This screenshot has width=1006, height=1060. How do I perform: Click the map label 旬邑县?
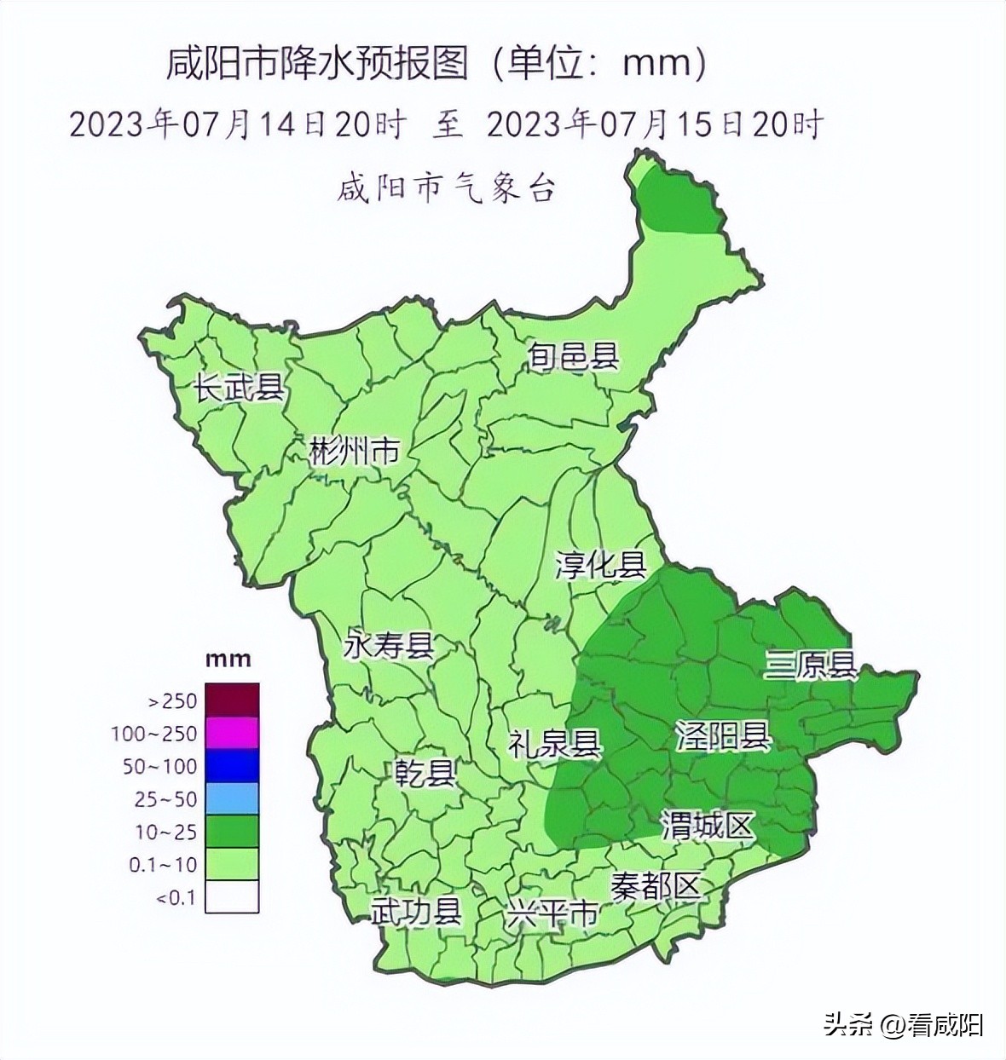pos(572,355)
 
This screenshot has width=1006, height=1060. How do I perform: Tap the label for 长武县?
pos(239,389)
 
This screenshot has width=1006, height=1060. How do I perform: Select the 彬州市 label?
pos(354,451)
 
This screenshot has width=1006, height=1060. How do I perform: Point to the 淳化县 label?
pos(601,564)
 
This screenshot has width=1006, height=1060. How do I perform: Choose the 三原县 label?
pos(810,665)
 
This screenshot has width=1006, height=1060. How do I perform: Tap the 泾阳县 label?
pos(723,735)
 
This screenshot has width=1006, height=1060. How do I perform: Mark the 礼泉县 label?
pos(554,743)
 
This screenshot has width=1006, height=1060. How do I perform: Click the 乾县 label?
pos(425,774)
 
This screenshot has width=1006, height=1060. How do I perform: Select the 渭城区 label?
pos(708,826)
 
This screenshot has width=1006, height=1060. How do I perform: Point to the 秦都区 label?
pos(656,886)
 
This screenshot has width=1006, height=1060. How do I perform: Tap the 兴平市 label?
pos(551,916)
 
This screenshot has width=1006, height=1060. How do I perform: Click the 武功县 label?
pos(415,912)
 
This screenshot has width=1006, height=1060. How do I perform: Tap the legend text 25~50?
pos(165,799)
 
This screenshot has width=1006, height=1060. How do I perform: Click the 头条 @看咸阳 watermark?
pos(903,1024)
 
